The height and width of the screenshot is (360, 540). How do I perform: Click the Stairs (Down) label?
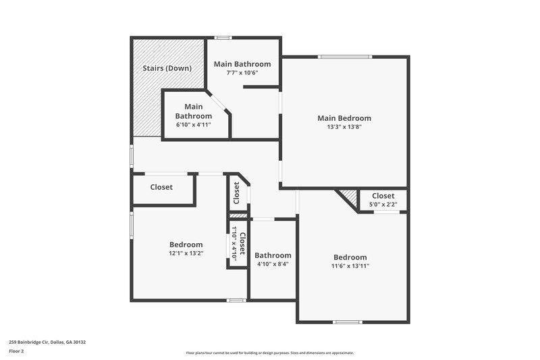pos(167,68)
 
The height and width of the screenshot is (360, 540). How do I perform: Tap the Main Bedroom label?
pos(344,118)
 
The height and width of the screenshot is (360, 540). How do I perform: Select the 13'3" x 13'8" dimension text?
pos(344,127)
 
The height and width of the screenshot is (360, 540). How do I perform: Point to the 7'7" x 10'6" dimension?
pos(242,73)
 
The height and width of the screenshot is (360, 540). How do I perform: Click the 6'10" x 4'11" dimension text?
pos(194,124)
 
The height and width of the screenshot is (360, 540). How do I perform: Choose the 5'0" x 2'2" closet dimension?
pos(383,205)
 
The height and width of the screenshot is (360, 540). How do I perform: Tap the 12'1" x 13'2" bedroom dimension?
pos(186,253)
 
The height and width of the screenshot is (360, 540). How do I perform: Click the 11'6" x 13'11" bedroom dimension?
pos(350,266)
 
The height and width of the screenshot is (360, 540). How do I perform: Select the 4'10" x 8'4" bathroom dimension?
pos(273,264)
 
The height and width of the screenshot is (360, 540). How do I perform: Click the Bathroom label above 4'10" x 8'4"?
pos(273,255)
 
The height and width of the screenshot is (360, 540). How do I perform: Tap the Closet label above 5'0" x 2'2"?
pos(383,196)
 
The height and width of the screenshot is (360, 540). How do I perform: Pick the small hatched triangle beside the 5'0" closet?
pos(348,198)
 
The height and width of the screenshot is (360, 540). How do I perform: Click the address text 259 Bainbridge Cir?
pos(47,342)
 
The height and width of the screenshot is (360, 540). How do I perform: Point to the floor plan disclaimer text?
pos(269,353)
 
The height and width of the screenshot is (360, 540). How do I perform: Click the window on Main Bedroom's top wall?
pos(344,57)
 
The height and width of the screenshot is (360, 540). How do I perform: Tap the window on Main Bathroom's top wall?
pos(223,37)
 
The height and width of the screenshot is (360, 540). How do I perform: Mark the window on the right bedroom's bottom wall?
pos(347,322)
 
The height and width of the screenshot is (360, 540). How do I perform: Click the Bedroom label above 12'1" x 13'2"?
pos(186,245)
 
